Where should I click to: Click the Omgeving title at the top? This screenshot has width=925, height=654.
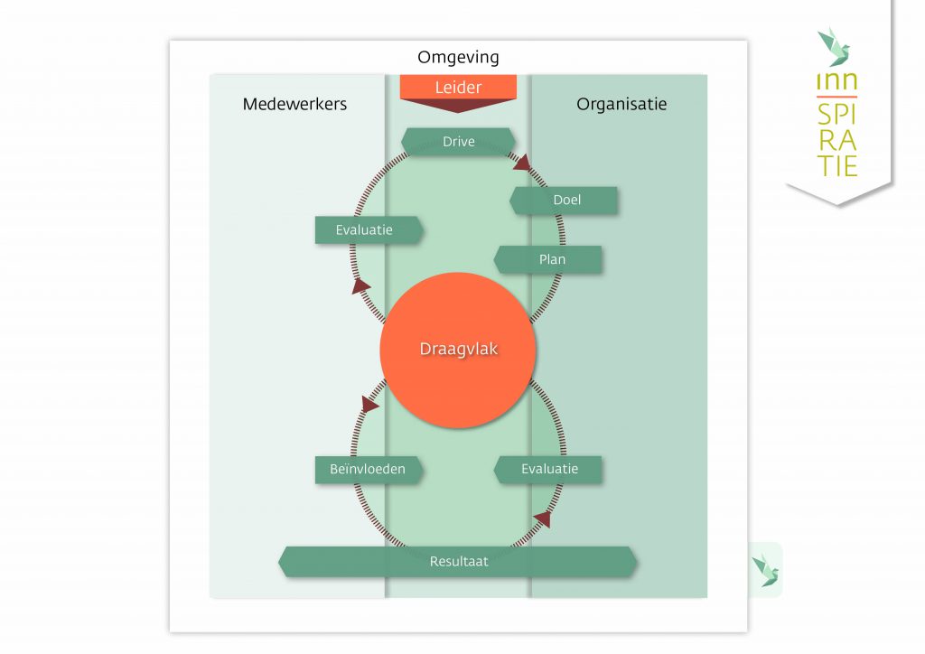pyautogui.click(x=458, y=58)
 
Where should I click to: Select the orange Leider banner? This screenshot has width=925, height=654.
pyautogui.click(x=458, y=87)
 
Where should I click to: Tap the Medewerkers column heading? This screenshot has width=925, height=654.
pyautogui.click(x=294, y=104)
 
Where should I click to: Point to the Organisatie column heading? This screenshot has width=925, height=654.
pyautogui.click(x=621, y=104)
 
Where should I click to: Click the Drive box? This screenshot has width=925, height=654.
pyautogui.click(x=458, y=142)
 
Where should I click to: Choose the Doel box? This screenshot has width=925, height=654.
pyautogui.click(x=565, y=201)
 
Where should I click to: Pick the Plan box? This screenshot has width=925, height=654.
pyautogui.click(x=550, y=259)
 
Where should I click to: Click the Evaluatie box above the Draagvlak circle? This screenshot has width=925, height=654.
pyautogui.click(x=366, y=229)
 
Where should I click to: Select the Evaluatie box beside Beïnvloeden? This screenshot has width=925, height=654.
pyautogui.click(x=548, y=470)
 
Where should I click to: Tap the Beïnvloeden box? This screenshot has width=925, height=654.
pyautogui.click(x=368, y=470)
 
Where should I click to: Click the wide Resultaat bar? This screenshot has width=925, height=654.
pyautogui.click(x=458, y=561)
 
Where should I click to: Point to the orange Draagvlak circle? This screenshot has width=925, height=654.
pyautogui.click(x=458, y=350)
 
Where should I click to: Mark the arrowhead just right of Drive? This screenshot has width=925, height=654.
pyautogui.click(x=523, y=163)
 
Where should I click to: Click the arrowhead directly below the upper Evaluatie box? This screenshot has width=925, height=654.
pyautogui.click(x=361, y=285)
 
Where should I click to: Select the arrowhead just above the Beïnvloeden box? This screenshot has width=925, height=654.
pyautogui.click(x=369, y=403)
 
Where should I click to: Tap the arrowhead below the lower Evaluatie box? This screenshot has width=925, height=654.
pyautogui.click(x=542, y=518)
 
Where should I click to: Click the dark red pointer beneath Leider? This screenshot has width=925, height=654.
pyautogui.click(x=458, y=106)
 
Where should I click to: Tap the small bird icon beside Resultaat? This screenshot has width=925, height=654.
pyautogui.click(x=766, y=570)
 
